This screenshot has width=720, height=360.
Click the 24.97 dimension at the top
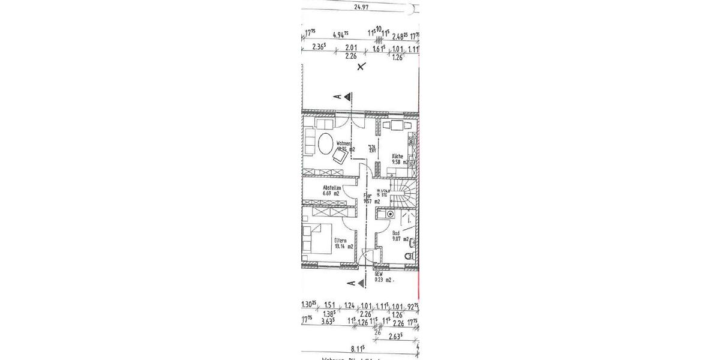pyautogui.click(x=361, y=7)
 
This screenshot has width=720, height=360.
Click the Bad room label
pyautogui.click(x=395, y=233)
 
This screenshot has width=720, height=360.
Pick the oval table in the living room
pyautogui.click(x=326, y=145)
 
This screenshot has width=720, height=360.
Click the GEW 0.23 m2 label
pyautogui.click(x=383, y=277)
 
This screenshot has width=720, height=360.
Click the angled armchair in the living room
pyautogui.click(x=339, y=157)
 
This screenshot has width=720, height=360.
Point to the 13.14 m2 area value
pyautogui.click(x=343, y=246)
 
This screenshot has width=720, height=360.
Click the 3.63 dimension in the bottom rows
pyautogui.click(x=328, y=322)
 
